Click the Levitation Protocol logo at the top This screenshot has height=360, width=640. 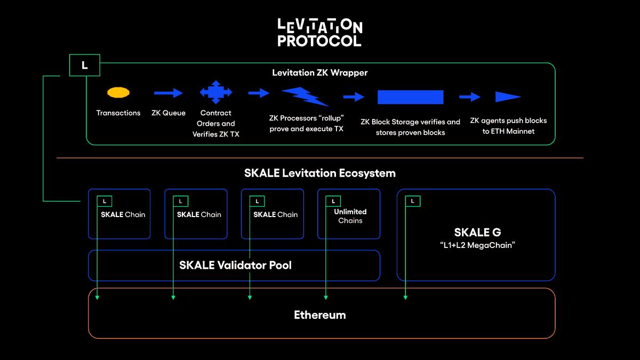[x=319, y=33]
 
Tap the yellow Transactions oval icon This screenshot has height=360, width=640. [x=118, y=93]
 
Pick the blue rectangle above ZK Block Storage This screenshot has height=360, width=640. [x=410, y=97]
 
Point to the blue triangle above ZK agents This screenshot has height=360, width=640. [x=507, y=97]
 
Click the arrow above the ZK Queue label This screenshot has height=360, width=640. [x=168, y=93]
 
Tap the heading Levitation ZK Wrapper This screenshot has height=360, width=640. [x=319, y=73]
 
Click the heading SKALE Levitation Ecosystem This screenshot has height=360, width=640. [x=319, y=173]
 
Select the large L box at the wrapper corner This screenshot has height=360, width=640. [x=84, y=65]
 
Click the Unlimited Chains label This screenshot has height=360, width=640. [x=350, y=216]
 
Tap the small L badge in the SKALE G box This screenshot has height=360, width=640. [x=412, y=201]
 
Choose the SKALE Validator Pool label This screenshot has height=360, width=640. [x=235, y=265]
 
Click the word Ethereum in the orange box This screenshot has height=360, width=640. [x=319, y=315]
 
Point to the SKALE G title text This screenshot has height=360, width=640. [x=477, y=232]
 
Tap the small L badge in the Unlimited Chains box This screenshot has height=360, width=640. [x=333, y=201]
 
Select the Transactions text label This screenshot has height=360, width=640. [x=118, y=113]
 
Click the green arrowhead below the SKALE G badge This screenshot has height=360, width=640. [x=405, y=297]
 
